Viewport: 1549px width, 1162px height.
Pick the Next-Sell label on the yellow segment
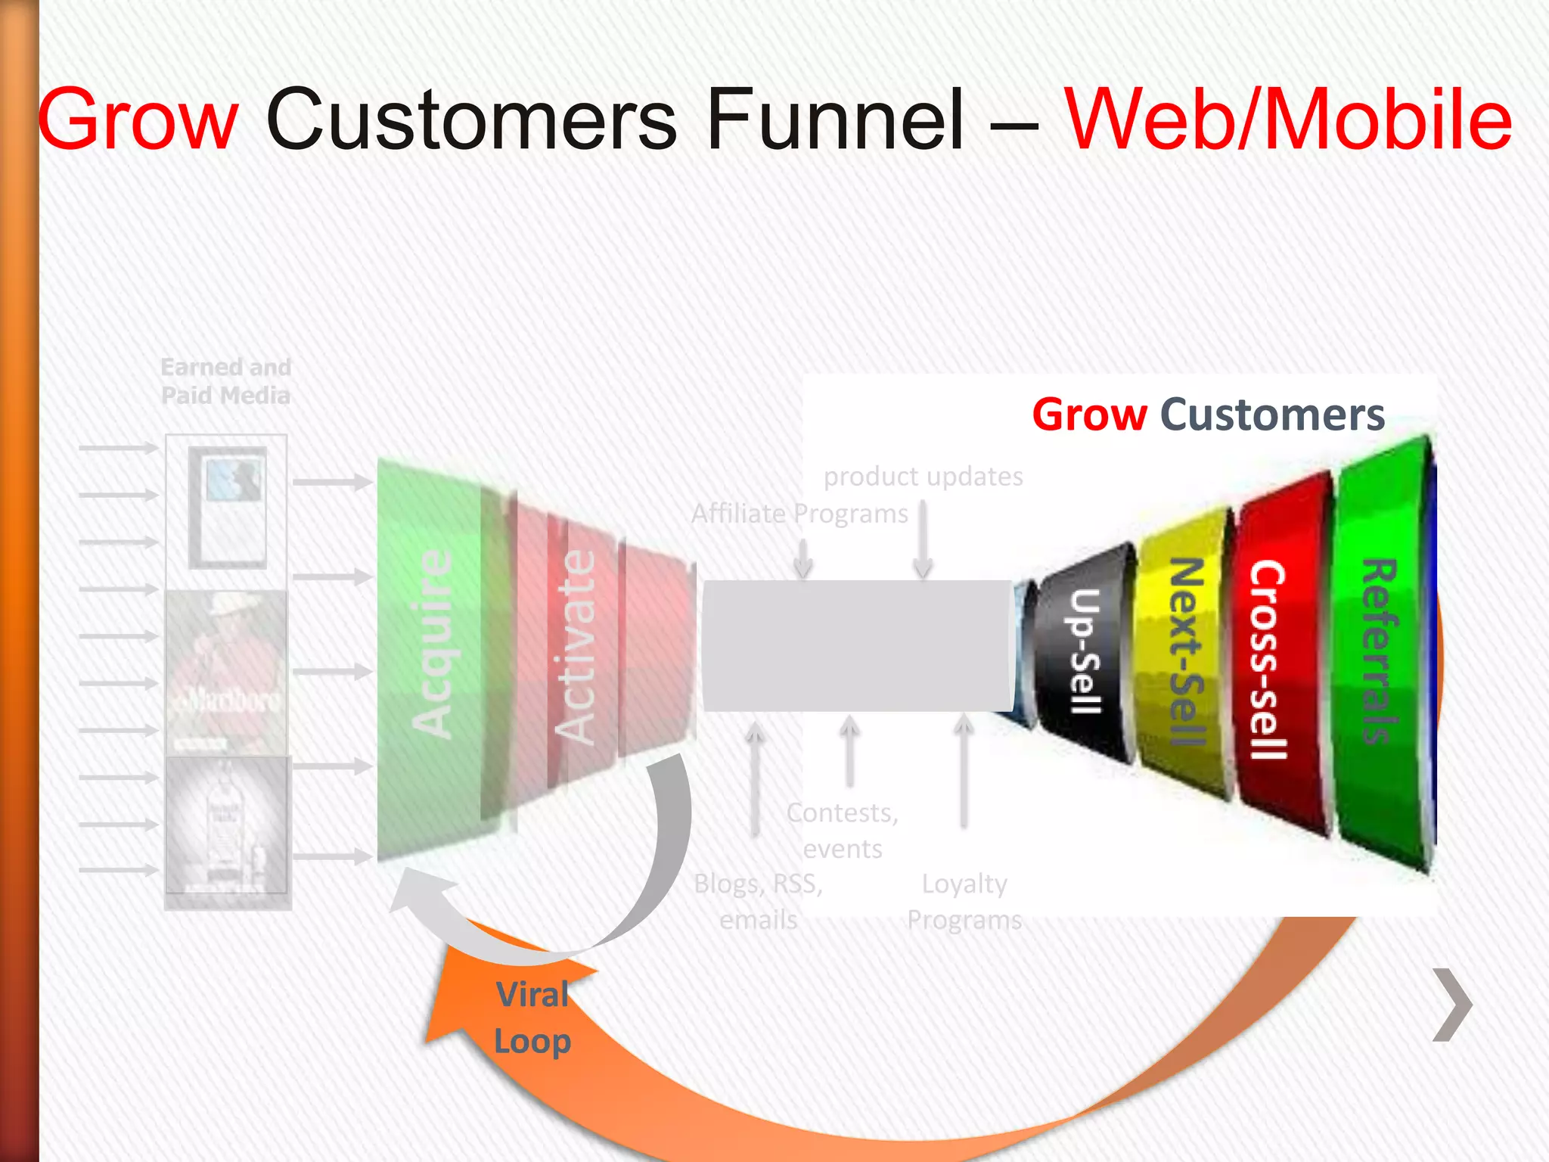pos(1185,651)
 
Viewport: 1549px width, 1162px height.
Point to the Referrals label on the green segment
pos(1380,651)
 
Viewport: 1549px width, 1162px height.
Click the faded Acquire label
pos(432,643)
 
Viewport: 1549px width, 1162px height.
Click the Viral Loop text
pos(532,1018)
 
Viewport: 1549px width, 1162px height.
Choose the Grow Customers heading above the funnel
pos(1208,415)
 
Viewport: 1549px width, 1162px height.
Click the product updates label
pos(923,477)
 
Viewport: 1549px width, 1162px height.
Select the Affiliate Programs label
pos(799,514)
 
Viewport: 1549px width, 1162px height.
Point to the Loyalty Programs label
pos(964,902)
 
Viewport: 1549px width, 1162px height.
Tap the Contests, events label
pos(843,831)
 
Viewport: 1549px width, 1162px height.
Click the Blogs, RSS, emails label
pos(759,902)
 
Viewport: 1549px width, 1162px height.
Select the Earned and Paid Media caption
pos(225,381)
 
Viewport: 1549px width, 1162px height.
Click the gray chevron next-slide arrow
pos(1453,1005)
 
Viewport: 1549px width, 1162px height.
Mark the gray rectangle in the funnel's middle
pos(857,645)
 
